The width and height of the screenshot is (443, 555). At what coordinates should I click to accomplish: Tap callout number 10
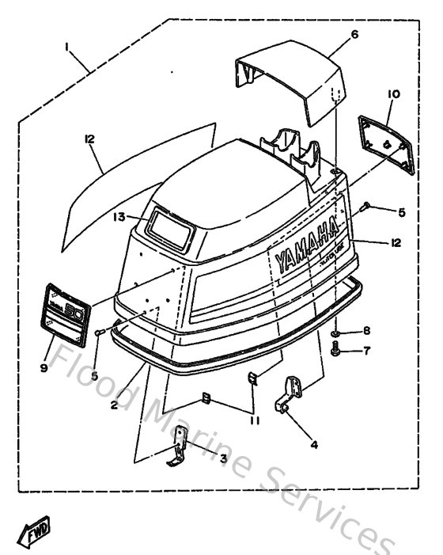point(394,93)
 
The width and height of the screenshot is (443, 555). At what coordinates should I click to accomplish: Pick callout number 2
point(115,404)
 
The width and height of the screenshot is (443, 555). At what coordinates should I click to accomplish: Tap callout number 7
point(366,350)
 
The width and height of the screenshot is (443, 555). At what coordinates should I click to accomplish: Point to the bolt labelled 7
point(337,348)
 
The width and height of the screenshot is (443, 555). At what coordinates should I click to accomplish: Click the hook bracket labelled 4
point(290,394)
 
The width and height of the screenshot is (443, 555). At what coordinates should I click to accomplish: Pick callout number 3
point(224,457)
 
